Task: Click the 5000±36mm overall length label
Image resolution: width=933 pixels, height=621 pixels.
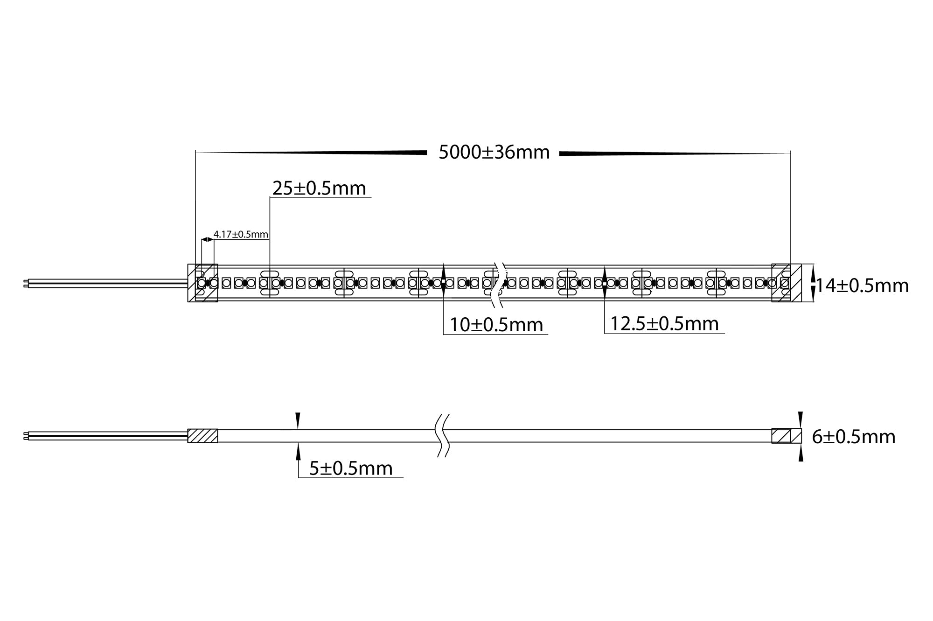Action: point(494,153)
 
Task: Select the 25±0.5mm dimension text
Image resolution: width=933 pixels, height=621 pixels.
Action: point(319,188)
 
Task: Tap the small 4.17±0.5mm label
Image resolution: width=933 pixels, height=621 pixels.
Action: point(241,234)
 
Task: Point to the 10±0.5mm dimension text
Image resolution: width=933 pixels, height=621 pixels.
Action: point(496,325)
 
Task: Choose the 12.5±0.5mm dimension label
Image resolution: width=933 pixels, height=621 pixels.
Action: point(664,324)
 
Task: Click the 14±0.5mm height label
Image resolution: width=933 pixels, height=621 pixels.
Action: point(862,286)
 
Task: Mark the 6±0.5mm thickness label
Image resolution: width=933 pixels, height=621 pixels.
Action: point(853,437)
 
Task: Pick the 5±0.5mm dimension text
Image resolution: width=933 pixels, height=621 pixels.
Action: point(351,468)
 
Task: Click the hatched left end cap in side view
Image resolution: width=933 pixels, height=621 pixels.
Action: point(202,436)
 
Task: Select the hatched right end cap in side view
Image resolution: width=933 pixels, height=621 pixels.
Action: point(781,436)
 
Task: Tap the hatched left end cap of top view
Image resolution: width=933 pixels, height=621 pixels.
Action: point(202,283)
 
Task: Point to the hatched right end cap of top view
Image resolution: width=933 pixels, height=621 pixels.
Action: point(786,283)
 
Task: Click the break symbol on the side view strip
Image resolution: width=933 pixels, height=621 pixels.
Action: point(442,435)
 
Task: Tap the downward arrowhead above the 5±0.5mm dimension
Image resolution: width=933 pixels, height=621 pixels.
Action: point(298,419)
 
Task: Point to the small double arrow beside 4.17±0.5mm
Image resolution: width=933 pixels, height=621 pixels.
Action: point(207,239)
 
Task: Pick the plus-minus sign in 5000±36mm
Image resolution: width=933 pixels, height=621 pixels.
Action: point(487,153)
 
